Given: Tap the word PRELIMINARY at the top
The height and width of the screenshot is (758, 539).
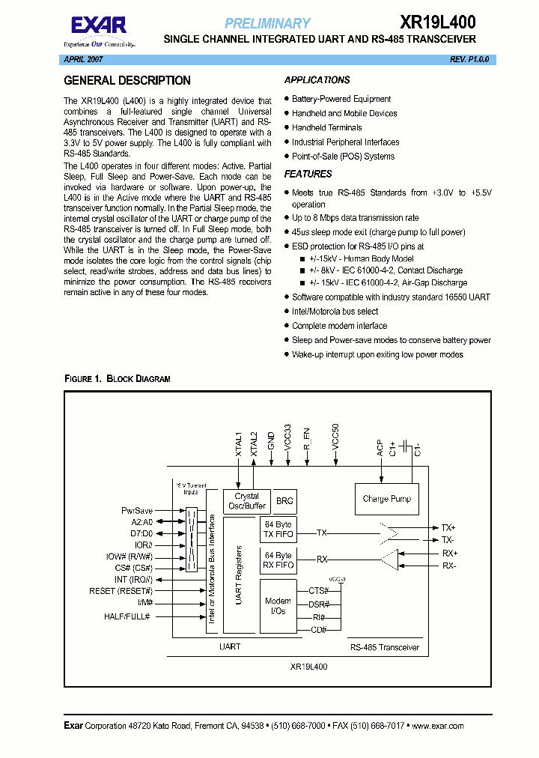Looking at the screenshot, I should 267,23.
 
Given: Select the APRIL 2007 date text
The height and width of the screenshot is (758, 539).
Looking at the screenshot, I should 83,58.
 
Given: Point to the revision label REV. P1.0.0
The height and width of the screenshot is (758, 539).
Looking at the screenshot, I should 469,58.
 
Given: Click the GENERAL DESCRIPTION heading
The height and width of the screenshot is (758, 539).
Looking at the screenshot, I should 127,81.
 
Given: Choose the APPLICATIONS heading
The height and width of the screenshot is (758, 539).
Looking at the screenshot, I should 317,80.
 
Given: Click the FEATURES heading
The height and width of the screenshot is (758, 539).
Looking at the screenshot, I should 308,174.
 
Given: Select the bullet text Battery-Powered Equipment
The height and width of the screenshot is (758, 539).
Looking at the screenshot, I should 341,99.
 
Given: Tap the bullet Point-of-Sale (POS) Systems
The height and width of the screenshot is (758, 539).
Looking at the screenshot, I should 343,157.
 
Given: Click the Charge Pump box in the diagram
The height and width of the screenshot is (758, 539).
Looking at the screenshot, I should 386,499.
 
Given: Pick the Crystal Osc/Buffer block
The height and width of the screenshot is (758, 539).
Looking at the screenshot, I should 246,501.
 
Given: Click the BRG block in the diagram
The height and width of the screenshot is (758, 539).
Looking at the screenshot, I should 285,501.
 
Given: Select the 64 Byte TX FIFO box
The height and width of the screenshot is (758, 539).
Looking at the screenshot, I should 278,530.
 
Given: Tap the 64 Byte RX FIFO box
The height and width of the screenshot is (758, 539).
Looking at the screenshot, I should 278,560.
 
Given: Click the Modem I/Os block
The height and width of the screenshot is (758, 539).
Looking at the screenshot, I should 278,606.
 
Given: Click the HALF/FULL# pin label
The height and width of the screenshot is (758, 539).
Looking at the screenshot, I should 127,616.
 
